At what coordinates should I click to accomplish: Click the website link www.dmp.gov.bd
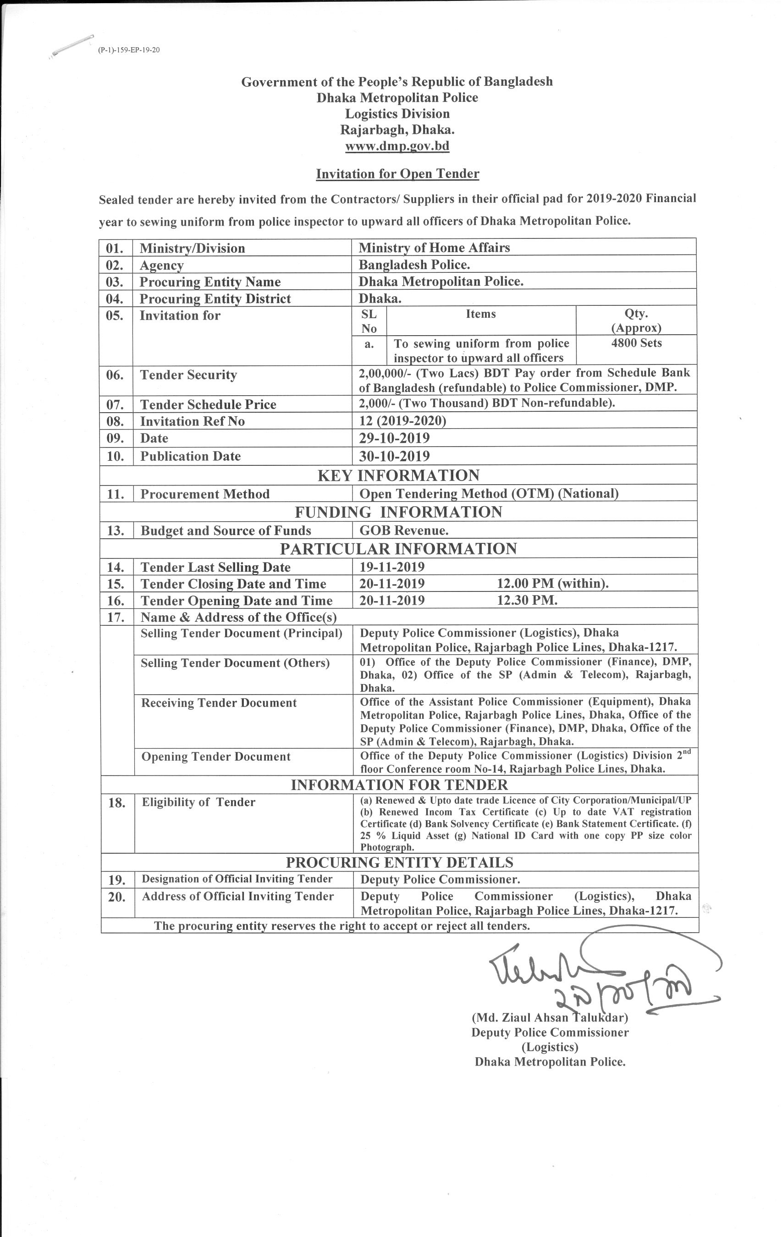click(397, 146)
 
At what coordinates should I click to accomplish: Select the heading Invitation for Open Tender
click(397, 174)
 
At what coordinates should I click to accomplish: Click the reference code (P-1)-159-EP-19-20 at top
click(129, 50)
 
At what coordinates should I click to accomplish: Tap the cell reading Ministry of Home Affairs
click(434, 248)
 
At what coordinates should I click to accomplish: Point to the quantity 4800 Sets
click(636, 343)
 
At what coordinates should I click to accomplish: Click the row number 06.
click(115, 375)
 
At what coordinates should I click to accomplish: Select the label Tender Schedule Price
click(208, 404)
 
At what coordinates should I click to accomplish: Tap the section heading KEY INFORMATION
click(398, 475)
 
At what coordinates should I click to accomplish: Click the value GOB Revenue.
click(403, 530)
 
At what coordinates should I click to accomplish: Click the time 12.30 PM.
click(527, 601)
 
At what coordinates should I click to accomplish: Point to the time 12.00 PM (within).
click(552, 584)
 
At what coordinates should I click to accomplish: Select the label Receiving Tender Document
click(219, 703)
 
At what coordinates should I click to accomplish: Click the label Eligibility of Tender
click(198, 802)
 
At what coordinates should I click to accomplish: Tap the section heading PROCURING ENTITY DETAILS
click(399, 862)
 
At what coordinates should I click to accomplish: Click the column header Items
click(480, 314)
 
